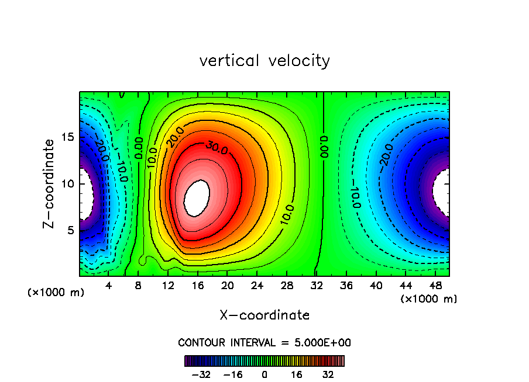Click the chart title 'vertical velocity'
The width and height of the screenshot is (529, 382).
coord(264,61)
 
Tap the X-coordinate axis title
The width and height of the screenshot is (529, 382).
coord(264,315)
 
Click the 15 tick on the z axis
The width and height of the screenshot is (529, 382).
coord(67,137)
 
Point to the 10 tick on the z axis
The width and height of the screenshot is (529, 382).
coord(67,183)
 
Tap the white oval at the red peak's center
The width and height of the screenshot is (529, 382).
coord(197,197)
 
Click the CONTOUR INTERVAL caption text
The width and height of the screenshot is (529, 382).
coord(264,342)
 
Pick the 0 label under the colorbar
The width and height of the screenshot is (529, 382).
coord(264,374)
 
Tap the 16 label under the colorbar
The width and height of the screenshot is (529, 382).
coord(297,374)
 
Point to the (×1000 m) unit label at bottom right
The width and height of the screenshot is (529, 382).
coord(429,299)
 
